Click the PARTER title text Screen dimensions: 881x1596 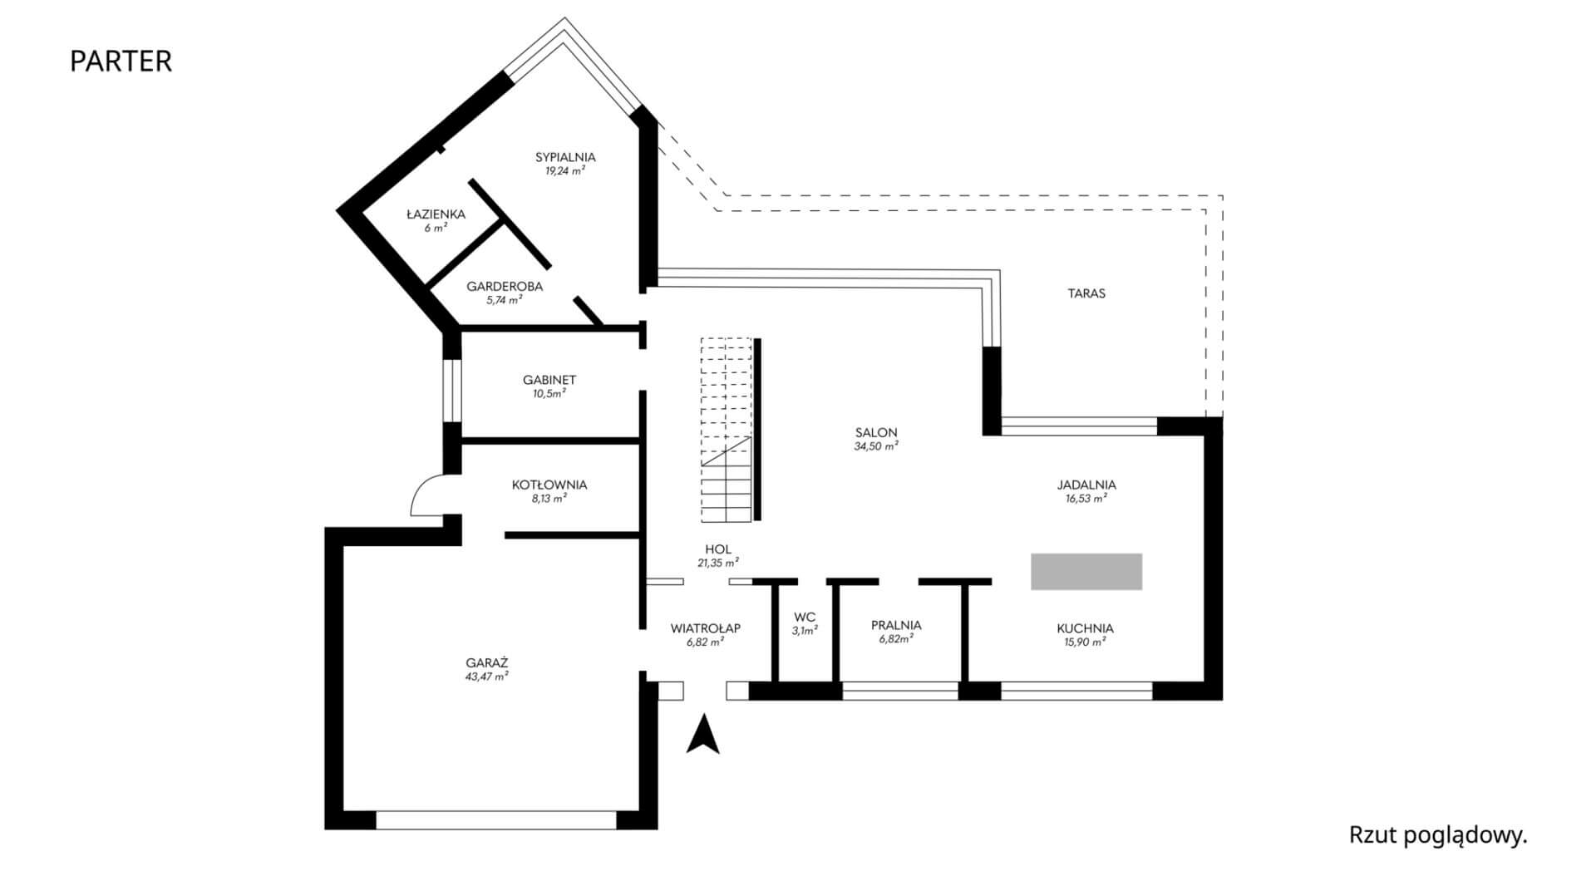tap(121, 62)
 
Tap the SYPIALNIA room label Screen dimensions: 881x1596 tap(565, 157)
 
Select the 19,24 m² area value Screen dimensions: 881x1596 tap(565, 171)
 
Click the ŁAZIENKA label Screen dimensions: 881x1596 tap(436, 214)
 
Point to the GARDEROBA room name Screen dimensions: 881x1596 tap(505, 287)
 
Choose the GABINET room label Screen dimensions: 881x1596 tap(549, 380)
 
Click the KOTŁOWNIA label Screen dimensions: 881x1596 tap(549, 485)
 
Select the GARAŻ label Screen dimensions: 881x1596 tap(487, 663)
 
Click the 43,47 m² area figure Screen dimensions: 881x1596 tap(487, 677)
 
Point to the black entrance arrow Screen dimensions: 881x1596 tap(702, 735)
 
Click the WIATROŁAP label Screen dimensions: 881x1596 tap(705, 628)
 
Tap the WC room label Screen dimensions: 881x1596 tap(805, 618)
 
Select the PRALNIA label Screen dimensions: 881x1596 tap(896, 625)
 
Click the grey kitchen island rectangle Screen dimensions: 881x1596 tap(1086, 572)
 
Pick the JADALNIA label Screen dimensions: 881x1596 tap(1086, 485)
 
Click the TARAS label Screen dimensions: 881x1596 tap(1086, 293)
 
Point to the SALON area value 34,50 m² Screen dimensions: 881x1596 tap(876, 446)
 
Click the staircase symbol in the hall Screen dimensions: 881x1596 tap(727, 430)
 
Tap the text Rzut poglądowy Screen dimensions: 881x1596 tap(1438, 835)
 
